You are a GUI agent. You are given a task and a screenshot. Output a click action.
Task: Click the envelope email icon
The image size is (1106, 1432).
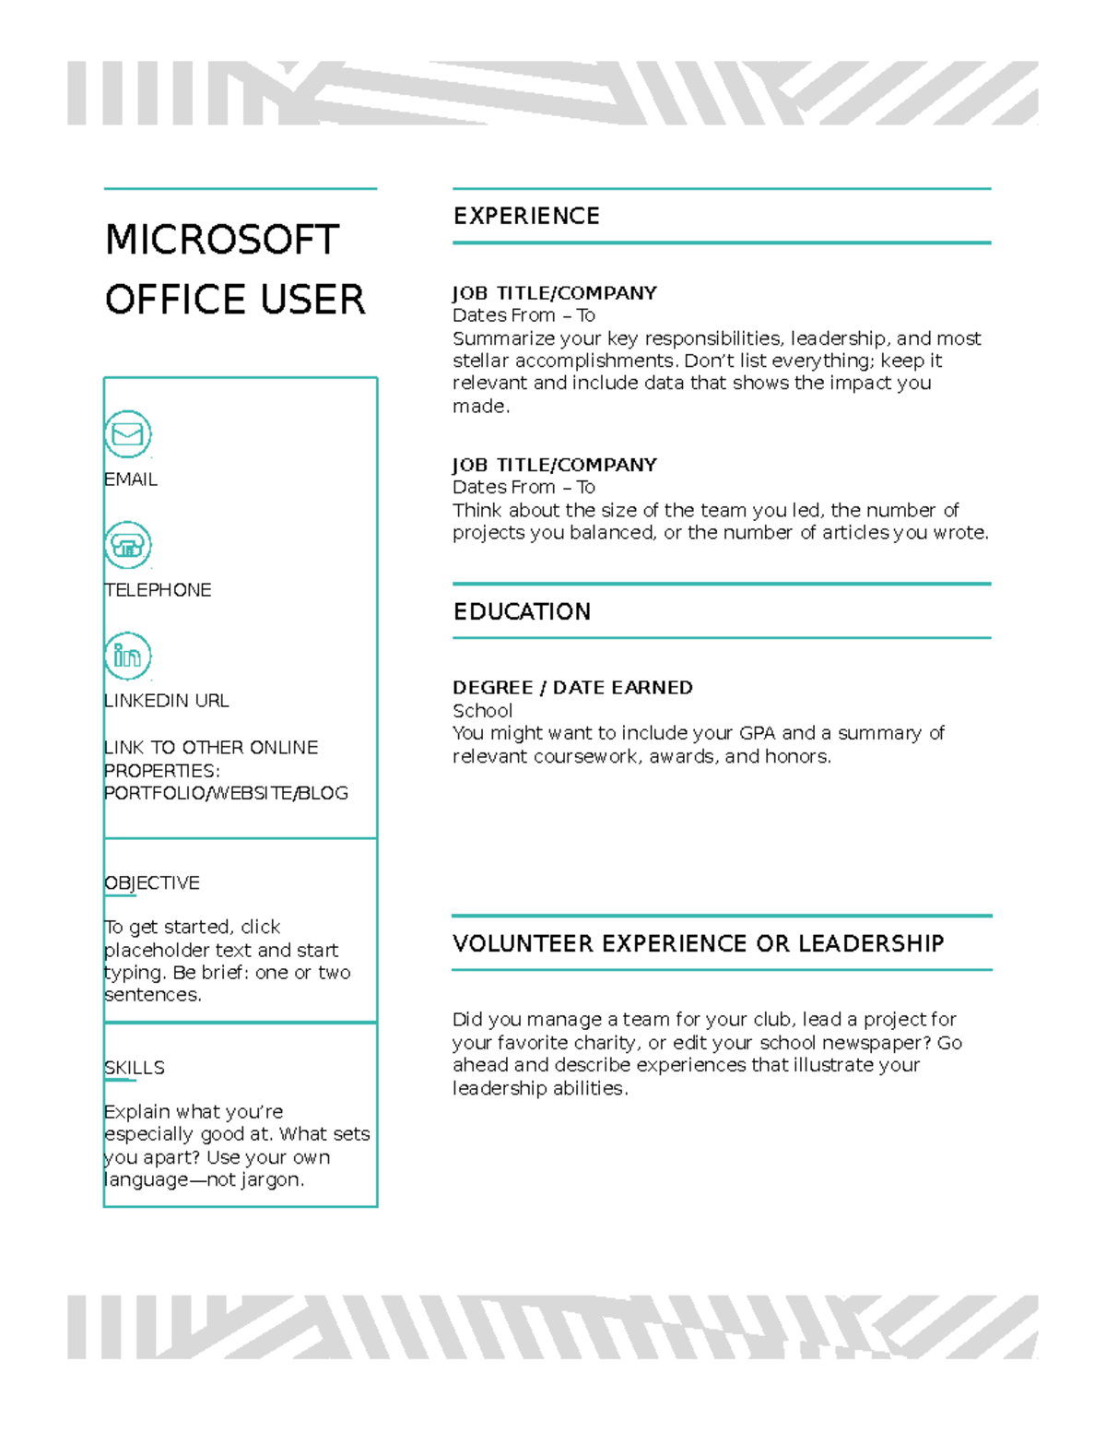pos(127,434)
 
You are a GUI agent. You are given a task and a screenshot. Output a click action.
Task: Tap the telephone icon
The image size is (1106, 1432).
pos(127,545)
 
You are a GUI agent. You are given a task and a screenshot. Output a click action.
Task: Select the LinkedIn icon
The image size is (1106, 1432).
pos(127,656)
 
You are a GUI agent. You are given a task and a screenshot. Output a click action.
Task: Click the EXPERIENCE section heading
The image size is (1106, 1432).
pos(526,217)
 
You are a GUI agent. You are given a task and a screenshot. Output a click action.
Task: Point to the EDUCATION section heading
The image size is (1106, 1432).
pos(522,612)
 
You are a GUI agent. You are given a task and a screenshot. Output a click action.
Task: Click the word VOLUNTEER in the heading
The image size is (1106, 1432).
pos(523,944)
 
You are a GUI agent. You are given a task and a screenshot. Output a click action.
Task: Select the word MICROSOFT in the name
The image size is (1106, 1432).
pos(222,241)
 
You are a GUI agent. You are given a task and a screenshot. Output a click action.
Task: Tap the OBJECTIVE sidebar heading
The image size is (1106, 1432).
pos(152,883)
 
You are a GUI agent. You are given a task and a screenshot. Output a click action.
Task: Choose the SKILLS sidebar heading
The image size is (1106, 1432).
pos(135,1068)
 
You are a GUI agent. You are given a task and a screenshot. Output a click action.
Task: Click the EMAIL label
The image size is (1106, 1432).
pos(131,479)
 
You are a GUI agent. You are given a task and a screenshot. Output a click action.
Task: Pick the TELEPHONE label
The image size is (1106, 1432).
pos(158,590)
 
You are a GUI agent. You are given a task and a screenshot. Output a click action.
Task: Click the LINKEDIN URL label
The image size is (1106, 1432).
pos(167,701)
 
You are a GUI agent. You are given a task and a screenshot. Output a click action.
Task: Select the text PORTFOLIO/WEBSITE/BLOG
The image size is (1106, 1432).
pos(227,793)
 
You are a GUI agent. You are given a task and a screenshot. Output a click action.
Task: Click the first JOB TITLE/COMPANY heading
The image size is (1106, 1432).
pos(554,293)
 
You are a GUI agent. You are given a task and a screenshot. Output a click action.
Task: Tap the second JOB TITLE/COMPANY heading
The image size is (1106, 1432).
pos(554,465)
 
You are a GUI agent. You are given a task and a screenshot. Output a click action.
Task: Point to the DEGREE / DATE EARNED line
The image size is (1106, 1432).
pos(572,688)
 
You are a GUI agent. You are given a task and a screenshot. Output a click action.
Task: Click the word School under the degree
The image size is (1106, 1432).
pos(482,711)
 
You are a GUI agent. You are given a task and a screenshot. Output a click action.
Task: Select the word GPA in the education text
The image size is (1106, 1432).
pos(758,734)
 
